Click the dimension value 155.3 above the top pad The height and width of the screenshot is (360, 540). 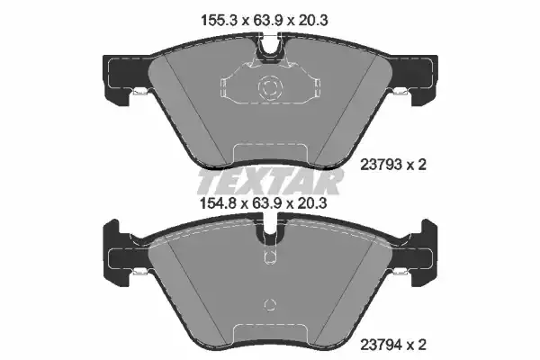click(220, 21)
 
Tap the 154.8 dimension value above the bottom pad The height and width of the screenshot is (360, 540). click(219, 203)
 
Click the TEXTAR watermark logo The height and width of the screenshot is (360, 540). click(270, 182)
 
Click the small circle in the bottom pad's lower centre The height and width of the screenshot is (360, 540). click(270, 304)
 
